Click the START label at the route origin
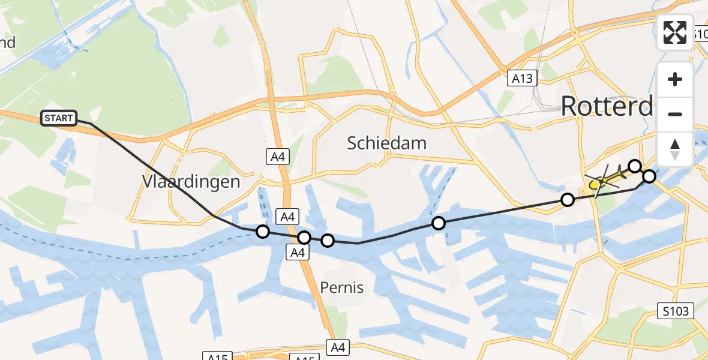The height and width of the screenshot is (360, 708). pos(59,118)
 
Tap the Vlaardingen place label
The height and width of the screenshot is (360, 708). pos(191,181)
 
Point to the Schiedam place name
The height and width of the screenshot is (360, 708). pos(387,143)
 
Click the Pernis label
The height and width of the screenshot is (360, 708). pos(341,287)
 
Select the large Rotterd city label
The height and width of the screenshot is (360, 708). pos(607,107)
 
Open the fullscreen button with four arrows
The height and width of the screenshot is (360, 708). pos(675,32)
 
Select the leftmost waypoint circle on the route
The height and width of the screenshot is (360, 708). pos(263,232)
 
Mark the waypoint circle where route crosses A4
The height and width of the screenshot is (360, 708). pos(304,238)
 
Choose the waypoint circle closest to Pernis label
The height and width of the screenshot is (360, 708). pos(328,241)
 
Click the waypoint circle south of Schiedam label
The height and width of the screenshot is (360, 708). pos(439,223)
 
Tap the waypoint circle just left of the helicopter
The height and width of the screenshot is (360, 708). pos(567,200)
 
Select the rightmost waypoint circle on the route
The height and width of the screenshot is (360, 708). pos(649,176)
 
